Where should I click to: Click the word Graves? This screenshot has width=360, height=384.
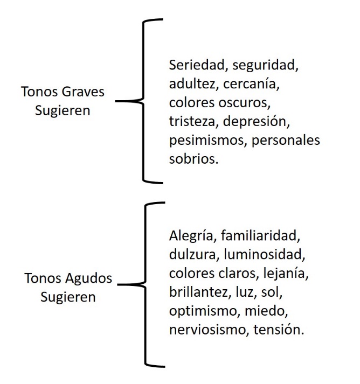tap(83, 92)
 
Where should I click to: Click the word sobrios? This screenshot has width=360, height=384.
tap(190, 158)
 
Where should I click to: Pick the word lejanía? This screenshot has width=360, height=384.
tap(286, 273)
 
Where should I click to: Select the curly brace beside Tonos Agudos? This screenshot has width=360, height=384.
tap(147, 284)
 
